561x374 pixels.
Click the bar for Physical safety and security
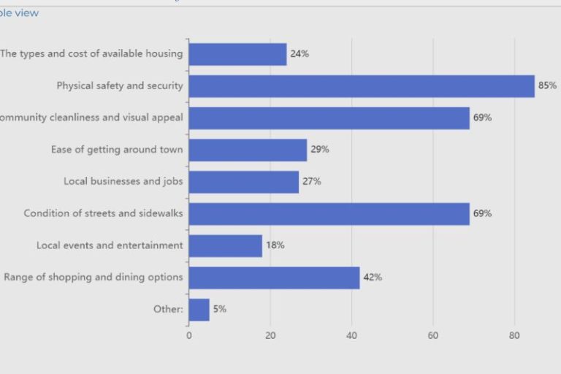tap(362, 86)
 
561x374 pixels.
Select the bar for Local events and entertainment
tap(225, 245)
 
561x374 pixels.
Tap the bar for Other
tap(199, 310)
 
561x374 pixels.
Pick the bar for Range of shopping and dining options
tap(274, 278)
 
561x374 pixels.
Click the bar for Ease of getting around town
tap(248, 150)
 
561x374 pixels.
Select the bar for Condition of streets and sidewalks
tap(329, 214)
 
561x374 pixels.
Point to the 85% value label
tap(547, 86)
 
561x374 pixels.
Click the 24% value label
tap(299, 54)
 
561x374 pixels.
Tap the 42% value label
tap(373, 278)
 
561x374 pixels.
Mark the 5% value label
tap(220, 310)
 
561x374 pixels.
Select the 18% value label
tap(275, 245)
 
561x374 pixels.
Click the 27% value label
tap(312, 182)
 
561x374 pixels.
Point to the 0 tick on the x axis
tap(189, 336)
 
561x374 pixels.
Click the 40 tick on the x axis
tap(351, 336)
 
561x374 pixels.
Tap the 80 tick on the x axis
tap(514, 336)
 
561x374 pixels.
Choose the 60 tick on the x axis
tap(433, 336)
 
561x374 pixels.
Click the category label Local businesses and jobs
tap(123, 182)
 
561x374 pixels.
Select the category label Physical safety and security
tap(120, 86)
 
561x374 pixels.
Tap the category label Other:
tap(168, 310)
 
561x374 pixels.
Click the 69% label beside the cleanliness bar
tap(482, 118)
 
